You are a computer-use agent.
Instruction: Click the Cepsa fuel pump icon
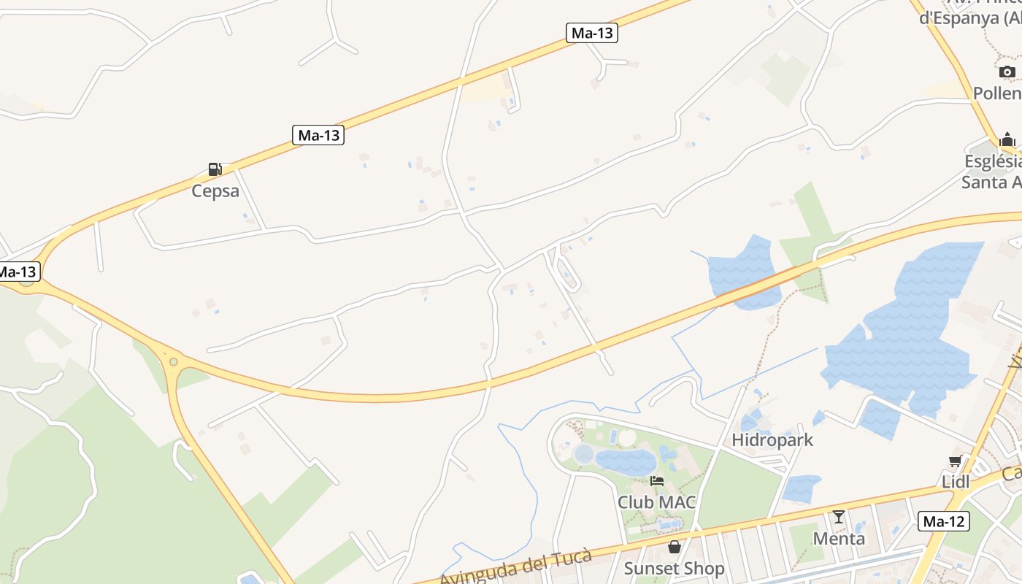215,169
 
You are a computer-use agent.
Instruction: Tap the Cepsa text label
215,191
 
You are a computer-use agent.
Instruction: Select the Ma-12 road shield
944,521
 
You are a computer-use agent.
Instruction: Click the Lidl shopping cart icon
955,461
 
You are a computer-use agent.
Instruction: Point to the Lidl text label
955,482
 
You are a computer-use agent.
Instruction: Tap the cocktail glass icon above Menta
839,517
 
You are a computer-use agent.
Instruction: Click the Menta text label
839,539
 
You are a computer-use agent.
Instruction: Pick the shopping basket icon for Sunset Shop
674,546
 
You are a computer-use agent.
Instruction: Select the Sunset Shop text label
674,568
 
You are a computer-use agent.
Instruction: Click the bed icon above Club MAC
657,481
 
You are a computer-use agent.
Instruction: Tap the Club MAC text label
657,502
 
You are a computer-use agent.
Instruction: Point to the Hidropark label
772,440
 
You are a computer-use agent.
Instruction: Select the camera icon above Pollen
1007,72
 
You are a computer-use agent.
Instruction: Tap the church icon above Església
1007,139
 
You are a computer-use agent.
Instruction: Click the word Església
993,161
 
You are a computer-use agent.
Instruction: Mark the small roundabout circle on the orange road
173,361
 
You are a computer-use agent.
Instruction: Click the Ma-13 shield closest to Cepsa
318,135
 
